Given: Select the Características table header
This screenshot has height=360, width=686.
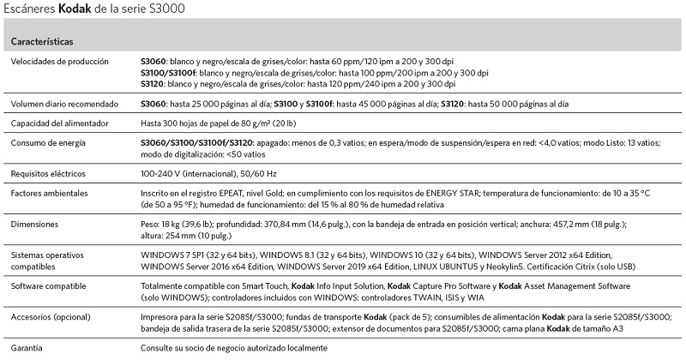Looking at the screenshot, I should pos(41,42).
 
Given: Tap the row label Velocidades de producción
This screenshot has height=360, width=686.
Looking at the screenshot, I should pos(59,62).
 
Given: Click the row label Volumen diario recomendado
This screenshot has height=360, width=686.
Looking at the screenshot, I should pos(63,103).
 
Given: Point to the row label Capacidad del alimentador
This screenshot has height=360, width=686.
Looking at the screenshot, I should pos(61,123).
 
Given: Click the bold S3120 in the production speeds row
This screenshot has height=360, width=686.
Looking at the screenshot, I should pos(153,84).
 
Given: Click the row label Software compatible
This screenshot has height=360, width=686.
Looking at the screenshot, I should pos(51,286).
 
